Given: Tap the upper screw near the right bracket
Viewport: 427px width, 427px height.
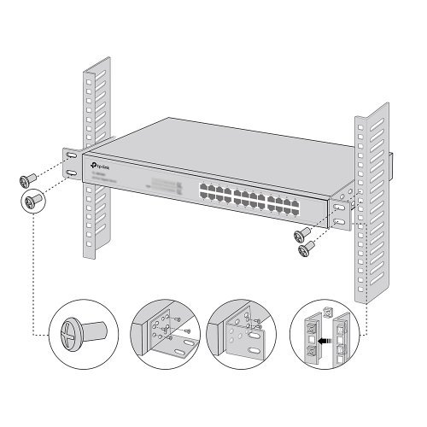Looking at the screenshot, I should click(301, 233).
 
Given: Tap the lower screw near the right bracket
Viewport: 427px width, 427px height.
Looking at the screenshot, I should click(306, 249).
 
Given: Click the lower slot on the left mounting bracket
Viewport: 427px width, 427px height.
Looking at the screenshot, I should click(72, 174).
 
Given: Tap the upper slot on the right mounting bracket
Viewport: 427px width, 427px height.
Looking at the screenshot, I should click(341, 205).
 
